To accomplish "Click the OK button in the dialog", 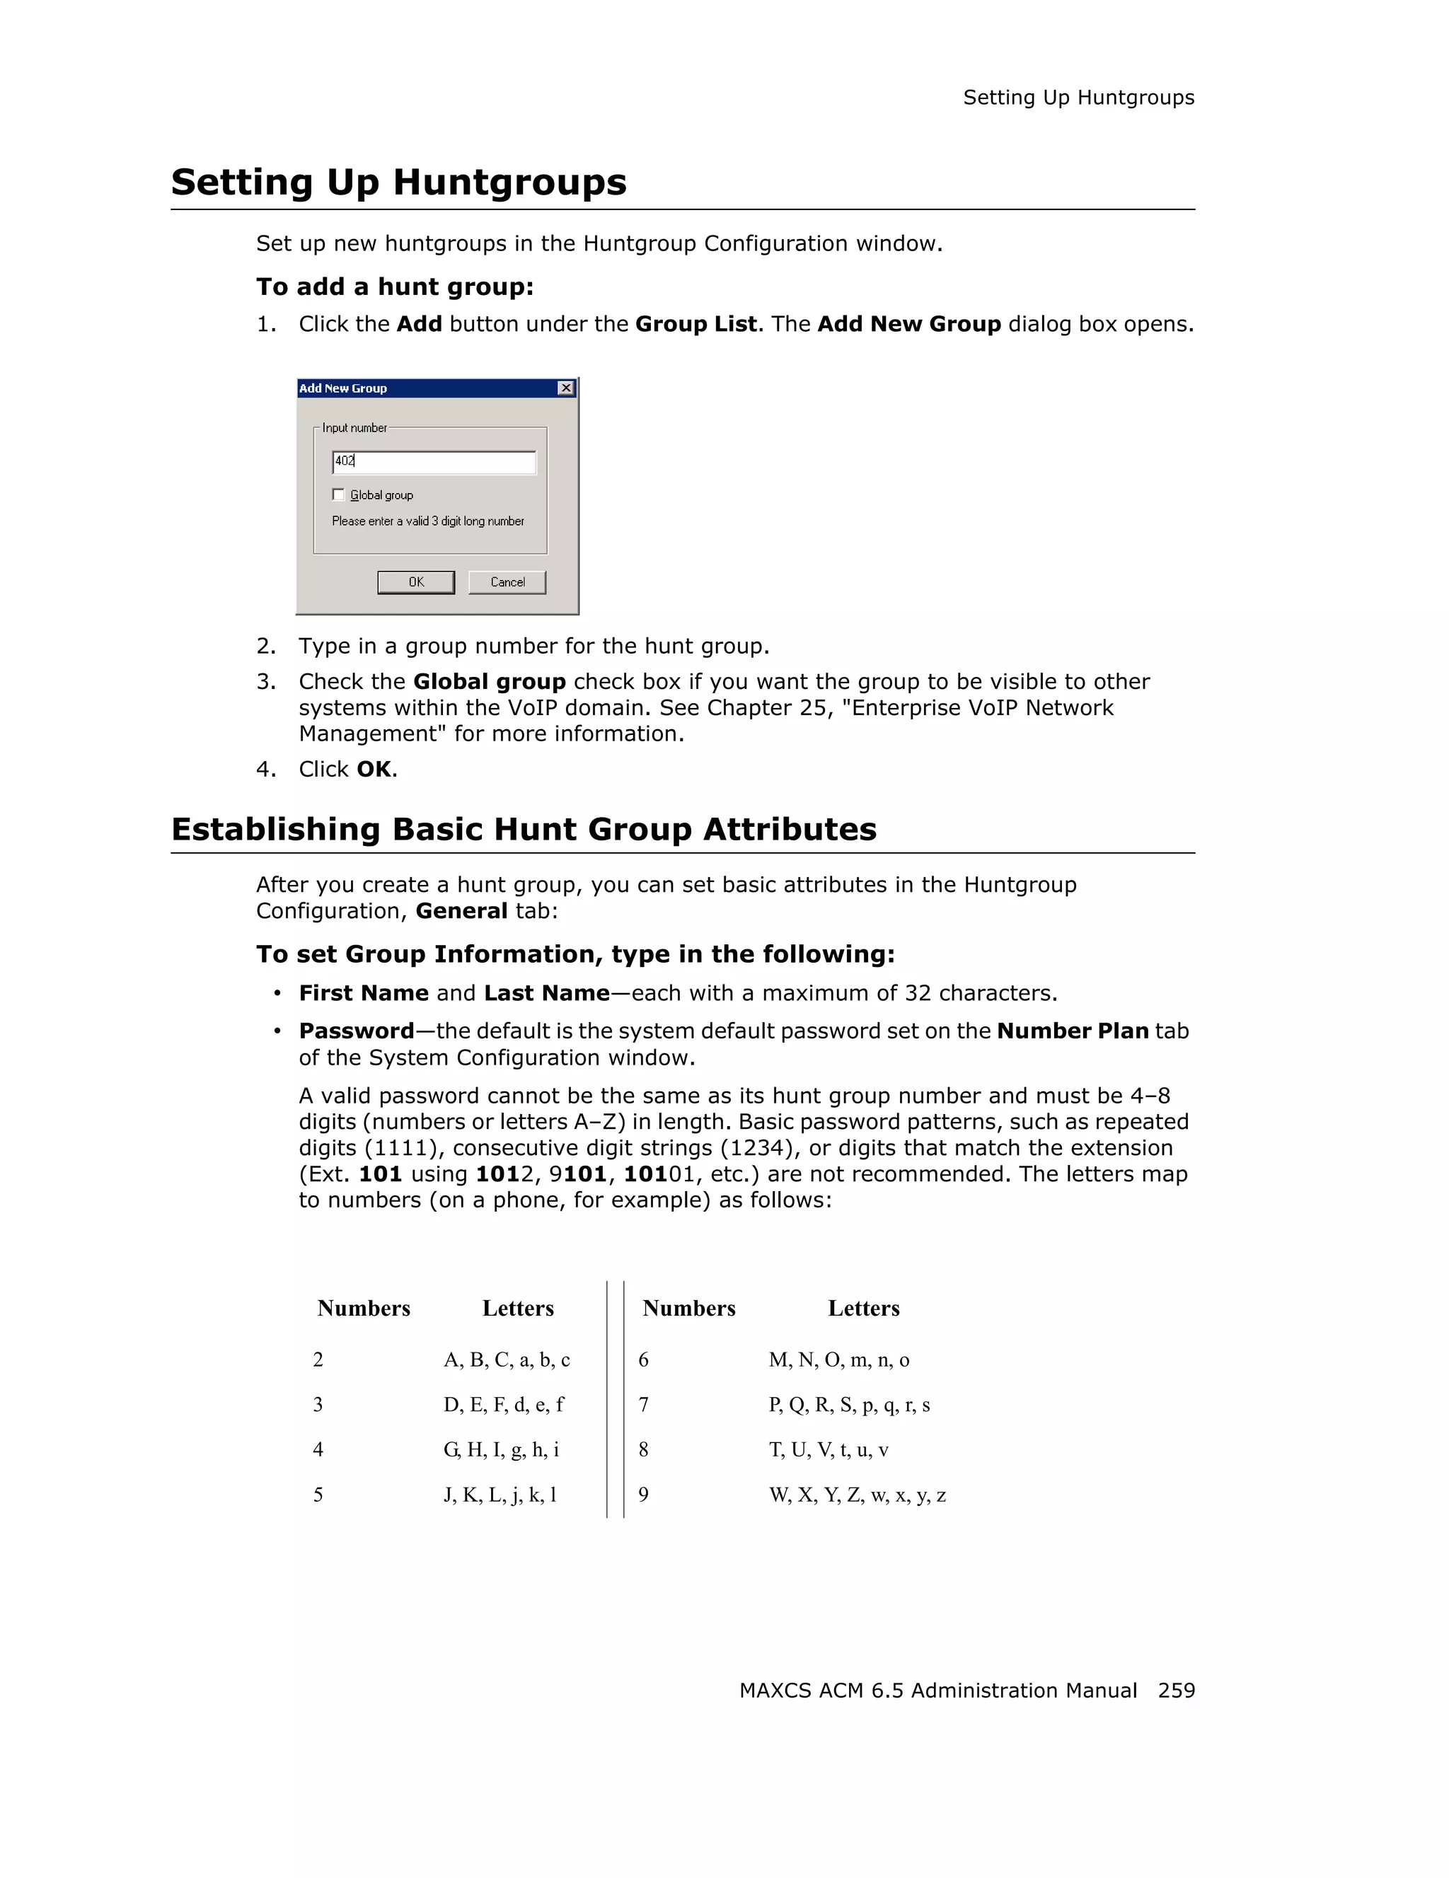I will point(415,582).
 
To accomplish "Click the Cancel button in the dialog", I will point(507,582).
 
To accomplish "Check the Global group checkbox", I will point(339,494).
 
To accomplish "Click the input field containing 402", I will point(434,462).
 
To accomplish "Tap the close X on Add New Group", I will point(565,388).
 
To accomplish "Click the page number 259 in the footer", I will point(1175,1690).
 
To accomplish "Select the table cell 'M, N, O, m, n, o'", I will point(838,1360).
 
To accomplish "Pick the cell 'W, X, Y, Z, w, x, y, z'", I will point(857,1495).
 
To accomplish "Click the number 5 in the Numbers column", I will point(318,1495).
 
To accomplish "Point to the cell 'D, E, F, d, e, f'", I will point(503,1404).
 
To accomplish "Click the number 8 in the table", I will point(643,1450).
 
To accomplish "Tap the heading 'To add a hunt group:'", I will point(395,286).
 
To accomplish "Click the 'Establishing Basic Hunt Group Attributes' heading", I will point(524,829).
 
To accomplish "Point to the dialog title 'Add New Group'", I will point(343,388).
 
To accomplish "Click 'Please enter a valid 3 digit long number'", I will point(427,521).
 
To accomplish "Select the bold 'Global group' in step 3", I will point(488,681).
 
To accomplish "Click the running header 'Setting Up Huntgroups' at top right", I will point(1078,98).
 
